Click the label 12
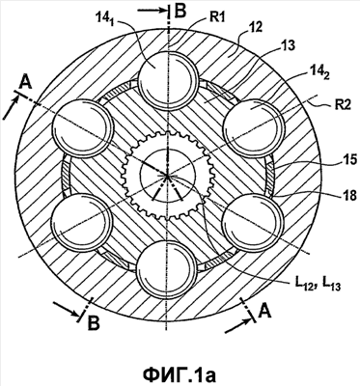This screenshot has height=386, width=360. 256,27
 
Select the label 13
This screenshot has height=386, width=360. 288,46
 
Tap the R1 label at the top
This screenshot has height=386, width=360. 217,17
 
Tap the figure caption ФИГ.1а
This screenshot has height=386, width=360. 180,374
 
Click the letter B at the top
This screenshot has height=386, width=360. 180,11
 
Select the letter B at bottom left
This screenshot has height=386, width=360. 94,323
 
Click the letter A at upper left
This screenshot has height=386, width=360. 25,83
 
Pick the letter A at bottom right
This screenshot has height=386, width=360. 263,311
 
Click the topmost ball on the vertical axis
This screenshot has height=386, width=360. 167,80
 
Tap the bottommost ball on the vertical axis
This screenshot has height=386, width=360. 166,270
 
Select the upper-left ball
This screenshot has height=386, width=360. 83,129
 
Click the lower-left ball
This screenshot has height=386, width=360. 82,223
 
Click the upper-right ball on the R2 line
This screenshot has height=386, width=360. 254,128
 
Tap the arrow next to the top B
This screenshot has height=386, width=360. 152,11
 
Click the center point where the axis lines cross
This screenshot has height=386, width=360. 167,176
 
